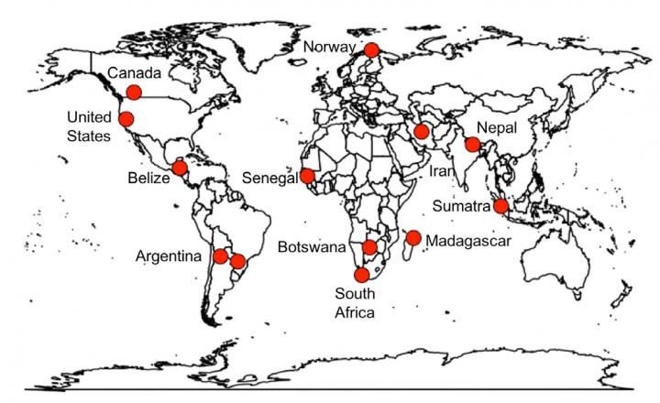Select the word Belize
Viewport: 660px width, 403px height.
[149, 178]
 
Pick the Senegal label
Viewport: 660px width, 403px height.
[271, 177]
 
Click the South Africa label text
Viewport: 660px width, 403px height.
[354, 302]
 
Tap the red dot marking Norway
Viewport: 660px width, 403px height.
[372, 50]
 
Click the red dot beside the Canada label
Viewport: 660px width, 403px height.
[134, 92]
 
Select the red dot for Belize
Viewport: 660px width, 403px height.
[180, 169]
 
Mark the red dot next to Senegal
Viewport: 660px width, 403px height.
[308, 176]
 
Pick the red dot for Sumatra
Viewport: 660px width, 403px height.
[500, 206]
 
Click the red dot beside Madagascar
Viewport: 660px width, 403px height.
[413, 238]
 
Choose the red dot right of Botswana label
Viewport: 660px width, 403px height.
[369, 247]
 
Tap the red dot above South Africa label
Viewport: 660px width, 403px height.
[361, 274]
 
